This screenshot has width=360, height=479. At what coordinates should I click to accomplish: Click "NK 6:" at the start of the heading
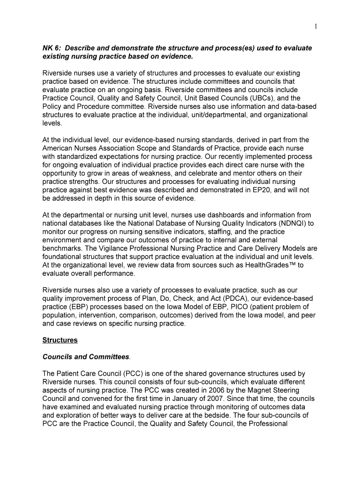(x=52, y=48)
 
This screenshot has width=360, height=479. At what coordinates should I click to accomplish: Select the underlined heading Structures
(x=60, y=340)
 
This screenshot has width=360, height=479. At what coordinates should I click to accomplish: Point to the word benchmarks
(x=63, y=248)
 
